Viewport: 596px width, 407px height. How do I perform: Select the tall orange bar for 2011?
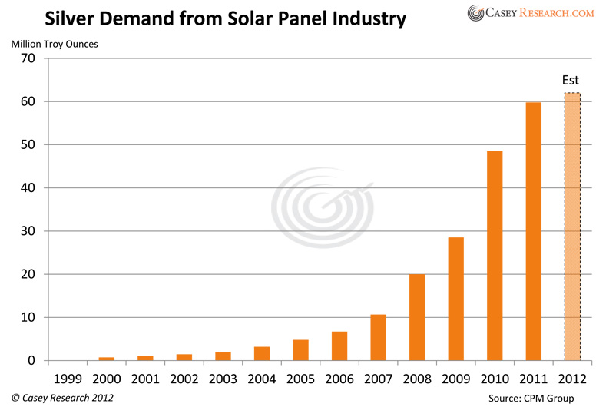(533, 231)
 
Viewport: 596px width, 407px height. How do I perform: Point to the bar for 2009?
(455, 299)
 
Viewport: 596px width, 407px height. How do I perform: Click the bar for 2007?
(378, 337)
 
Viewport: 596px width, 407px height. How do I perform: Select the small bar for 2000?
(106, 359)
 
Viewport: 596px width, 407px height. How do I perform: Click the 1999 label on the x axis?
(68, 378)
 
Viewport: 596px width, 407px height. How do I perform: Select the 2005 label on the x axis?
(300, 378)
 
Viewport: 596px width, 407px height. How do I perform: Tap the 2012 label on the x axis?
(572, 378)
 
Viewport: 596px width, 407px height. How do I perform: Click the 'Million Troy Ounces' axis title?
(55, 43)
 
